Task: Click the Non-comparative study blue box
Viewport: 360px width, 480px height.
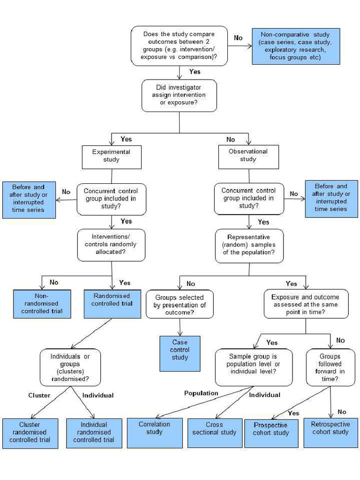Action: click(296, 46)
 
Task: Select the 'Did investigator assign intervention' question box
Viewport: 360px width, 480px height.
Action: click(179, 96)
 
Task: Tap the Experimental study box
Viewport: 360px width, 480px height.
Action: click(112, 157)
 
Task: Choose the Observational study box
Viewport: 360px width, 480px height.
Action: click(248, 157)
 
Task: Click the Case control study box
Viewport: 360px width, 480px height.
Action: click(180, 353)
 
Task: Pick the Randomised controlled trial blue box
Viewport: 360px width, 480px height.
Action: click(112, 304)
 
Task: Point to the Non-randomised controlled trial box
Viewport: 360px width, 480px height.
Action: click(42, 304)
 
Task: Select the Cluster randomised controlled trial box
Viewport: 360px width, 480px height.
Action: click(30, 433)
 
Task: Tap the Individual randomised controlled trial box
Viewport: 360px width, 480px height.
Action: click(94, 433)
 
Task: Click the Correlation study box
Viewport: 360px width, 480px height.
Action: click(155, 433)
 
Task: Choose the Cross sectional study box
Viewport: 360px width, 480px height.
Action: click(214, 433)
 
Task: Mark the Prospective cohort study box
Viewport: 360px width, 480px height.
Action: click(271, 433)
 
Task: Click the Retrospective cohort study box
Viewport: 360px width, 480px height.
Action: click(330, 433)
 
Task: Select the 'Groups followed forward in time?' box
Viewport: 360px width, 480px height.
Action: click(330, 367)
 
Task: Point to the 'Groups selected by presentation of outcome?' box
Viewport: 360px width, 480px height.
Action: click(180, 304)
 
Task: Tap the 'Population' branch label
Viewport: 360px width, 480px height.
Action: click(201, 393)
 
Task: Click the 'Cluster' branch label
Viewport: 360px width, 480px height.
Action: click(39, 395)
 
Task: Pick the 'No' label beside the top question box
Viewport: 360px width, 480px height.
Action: click(238, 37)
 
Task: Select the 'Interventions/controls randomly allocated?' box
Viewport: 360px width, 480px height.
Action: click(111, 245)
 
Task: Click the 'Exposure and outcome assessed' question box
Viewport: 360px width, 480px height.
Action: click(306, 304)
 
